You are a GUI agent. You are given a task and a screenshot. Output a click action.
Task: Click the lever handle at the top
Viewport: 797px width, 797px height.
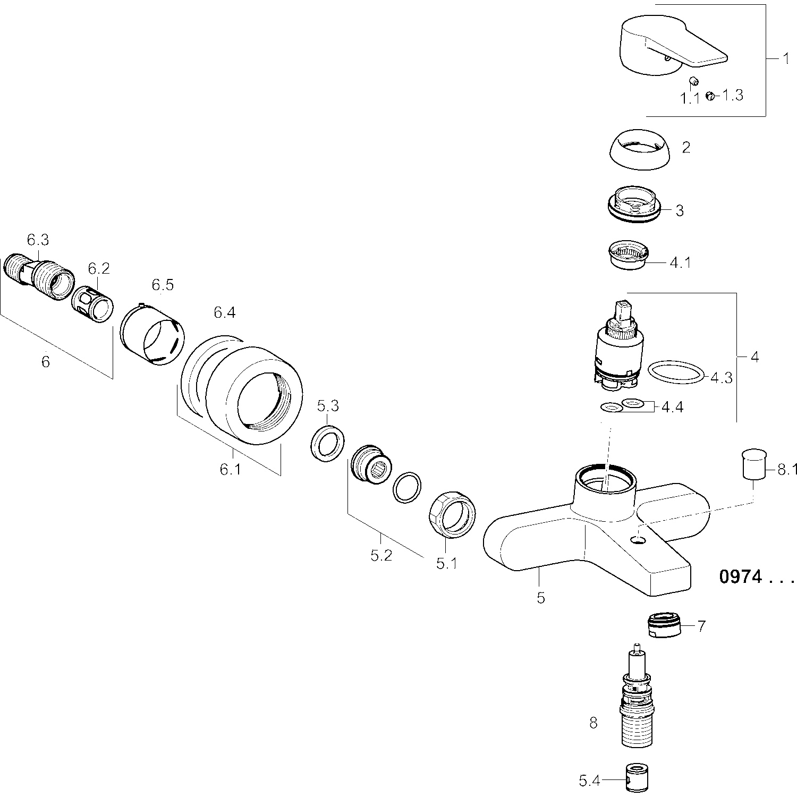[x=664, y=48]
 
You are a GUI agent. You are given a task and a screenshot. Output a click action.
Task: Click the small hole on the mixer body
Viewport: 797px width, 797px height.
[x=638, y=540]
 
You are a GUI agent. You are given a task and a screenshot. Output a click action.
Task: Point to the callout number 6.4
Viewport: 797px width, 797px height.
[x=224, y=313]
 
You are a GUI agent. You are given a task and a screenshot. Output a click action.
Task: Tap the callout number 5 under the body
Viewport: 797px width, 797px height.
[x=540, y=598]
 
